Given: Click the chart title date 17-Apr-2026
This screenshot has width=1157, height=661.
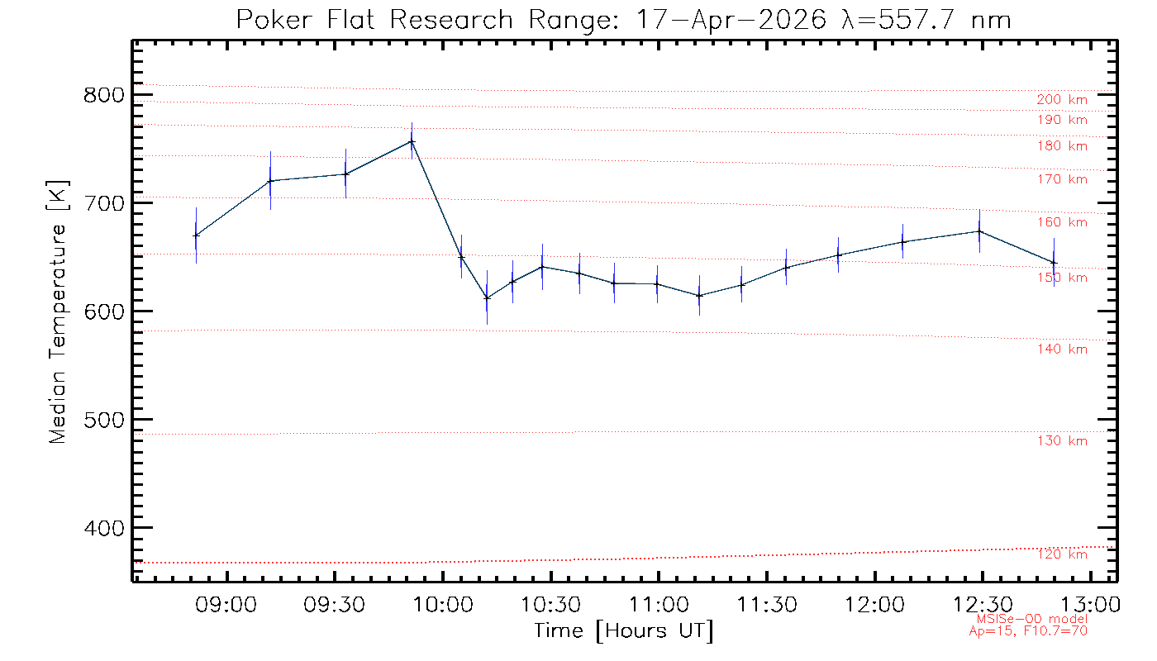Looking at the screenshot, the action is tap(731, 21).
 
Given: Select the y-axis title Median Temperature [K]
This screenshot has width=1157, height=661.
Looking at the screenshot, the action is tap(57, 312).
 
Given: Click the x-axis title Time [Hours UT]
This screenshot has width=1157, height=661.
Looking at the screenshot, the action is tap(623, 631).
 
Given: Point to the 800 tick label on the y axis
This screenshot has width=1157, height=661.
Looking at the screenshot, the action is tap(104, 95).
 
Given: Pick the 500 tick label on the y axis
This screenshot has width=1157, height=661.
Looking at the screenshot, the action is tap(104, 420).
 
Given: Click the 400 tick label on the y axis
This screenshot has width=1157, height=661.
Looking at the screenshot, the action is tap(104, 528).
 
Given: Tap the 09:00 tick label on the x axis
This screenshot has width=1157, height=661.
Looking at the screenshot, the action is tap(226, 604).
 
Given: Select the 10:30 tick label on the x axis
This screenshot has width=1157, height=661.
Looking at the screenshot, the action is tap(550, 604).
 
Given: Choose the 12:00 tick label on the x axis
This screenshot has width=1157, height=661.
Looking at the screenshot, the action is tap(874, 604).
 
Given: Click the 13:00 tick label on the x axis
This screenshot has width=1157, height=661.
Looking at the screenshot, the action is tap(1090, 604).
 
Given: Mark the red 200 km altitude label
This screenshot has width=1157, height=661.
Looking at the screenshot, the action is tap(1062, 100).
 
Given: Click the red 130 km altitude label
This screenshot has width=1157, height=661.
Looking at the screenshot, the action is tap(1063, 441).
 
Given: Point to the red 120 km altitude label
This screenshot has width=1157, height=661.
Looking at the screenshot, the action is tap(1063, 554).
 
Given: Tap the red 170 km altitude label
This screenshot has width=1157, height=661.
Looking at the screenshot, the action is tap(1063, 179).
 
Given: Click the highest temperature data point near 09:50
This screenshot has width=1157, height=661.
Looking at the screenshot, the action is tap(412, 141).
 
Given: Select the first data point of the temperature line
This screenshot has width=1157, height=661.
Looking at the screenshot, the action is tap(197, 235).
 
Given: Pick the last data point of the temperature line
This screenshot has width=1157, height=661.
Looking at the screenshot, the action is tap(1055, 263).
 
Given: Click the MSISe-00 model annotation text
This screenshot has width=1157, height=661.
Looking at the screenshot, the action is tap(1032, 619).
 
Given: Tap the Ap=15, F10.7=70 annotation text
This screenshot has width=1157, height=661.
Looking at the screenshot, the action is tap(1028, 631).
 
